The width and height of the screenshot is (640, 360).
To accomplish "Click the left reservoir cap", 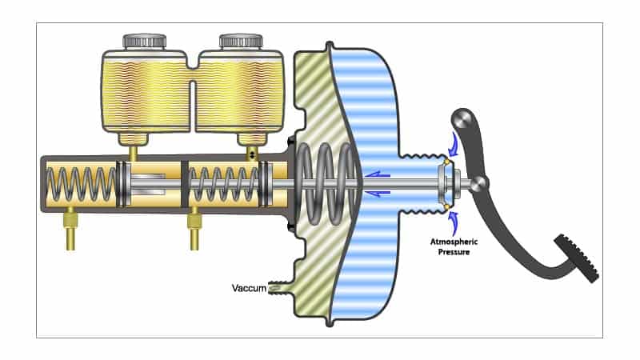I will (x=145, y=40).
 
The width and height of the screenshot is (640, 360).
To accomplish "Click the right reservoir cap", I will (x=241, y=40).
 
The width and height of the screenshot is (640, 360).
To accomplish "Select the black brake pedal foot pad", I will (x=578, y=258).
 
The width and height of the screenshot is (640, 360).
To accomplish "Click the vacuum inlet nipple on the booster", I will (x=281, y=285).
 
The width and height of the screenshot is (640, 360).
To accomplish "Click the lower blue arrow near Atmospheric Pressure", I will (x=454, y=221).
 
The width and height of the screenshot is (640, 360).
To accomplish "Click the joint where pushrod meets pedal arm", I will (x=478, y=185).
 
